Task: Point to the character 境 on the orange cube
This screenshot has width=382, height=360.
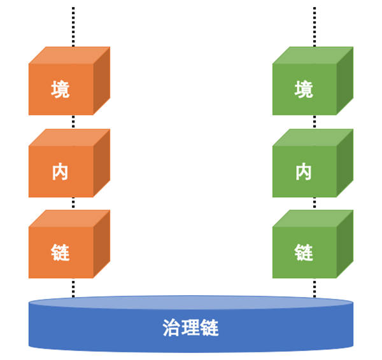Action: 60,89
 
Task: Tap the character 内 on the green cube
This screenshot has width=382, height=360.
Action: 304,171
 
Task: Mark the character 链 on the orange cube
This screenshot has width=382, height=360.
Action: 60,253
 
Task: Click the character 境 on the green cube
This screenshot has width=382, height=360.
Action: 304,89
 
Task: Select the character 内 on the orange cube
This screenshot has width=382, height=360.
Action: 60,171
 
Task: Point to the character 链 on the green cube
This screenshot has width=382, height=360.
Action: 304,253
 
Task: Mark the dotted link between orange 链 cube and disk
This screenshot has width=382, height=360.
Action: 73,287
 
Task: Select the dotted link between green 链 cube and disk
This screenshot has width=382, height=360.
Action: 315,287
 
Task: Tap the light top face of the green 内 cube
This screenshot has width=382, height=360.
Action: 312,137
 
